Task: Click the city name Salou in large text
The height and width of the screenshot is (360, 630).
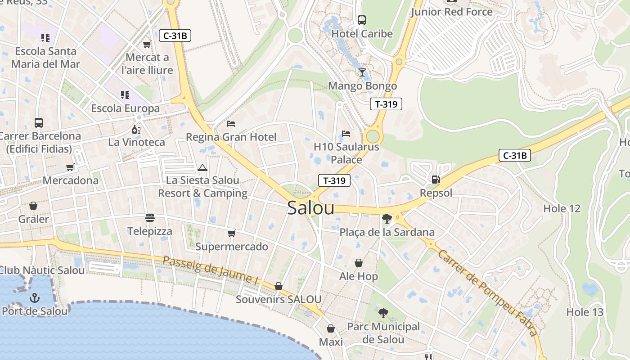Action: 310,208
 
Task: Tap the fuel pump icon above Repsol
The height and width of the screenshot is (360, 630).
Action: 436,180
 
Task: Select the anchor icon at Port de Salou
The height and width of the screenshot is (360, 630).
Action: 35,298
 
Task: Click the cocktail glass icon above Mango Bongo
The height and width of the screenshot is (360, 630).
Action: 362,72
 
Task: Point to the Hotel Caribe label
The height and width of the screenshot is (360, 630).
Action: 362,34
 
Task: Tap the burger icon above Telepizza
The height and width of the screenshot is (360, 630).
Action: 150,218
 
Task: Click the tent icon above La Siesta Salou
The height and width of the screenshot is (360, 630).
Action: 202,168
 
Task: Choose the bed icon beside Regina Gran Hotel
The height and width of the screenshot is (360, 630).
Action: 231,124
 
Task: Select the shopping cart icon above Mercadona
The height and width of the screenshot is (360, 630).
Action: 70,167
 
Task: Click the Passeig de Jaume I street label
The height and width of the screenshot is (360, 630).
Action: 210,270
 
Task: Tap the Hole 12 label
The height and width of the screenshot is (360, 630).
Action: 562,208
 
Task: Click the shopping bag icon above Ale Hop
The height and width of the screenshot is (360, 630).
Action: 359,263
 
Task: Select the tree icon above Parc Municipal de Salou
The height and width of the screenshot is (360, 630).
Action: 383,313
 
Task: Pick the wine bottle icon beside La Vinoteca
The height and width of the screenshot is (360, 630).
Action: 136,130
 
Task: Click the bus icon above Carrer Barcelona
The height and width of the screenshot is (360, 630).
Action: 39,122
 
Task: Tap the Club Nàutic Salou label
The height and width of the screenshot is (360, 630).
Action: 41,270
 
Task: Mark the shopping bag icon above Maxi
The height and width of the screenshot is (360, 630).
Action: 331,329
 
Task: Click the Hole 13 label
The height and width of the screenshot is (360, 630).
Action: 585,312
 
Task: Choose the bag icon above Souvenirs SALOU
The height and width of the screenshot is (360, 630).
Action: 279,287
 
